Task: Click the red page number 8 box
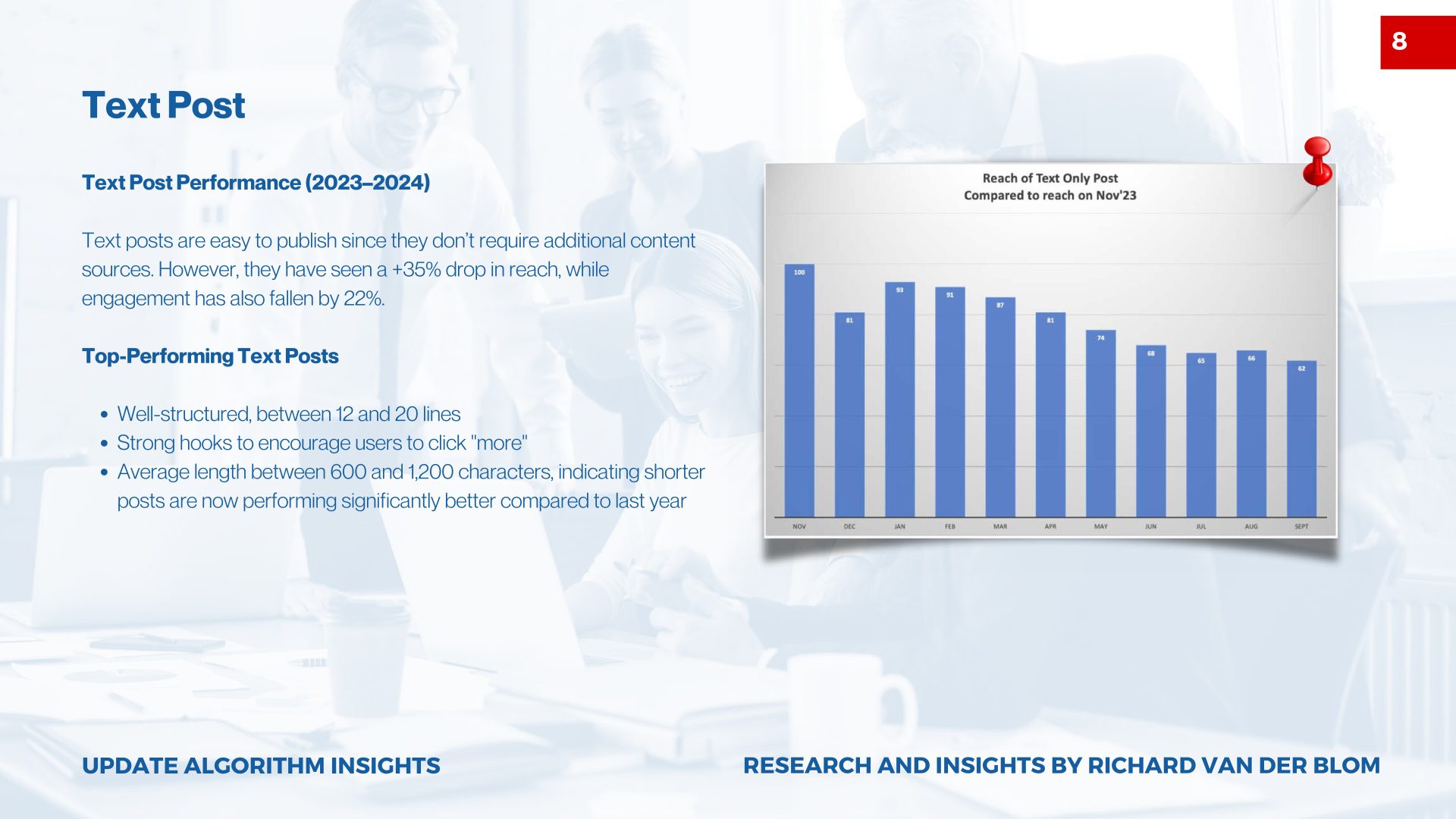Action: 1417,42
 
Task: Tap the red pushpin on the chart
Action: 1317,160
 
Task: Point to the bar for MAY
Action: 1100,425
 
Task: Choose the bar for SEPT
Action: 1301,440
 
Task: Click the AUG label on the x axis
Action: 1251,526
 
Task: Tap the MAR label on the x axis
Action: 1000,526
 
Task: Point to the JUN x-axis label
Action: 1150,526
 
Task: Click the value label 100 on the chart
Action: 799,272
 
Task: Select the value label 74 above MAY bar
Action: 1100,338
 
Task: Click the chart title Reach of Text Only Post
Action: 1050,178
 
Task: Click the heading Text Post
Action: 164,105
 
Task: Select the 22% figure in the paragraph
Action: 363,299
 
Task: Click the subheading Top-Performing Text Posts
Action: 210,356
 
